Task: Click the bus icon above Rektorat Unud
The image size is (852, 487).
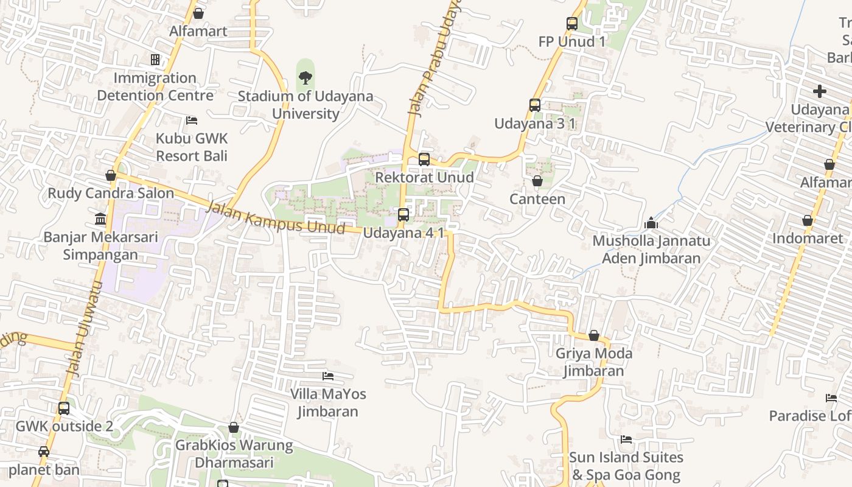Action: (424, 159)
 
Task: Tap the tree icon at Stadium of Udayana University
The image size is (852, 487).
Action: (306, 77)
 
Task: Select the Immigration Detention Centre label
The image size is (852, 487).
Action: (155, 86)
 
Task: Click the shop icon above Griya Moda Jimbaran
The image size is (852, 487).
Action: (594, 335)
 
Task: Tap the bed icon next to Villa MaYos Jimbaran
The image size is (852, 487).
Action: (328, 376)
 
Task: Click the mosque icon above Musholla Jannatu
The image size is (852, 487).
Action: (651, 223)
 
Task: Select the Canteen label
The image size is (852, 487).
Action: (537, 199)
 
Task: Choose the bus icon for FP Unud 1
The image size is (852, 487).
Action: (572, 24)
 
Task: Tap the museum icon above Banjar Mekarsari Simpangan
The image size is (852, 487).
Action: (100, 219)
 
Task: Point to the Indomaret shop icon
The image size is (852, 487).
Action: (808, 220)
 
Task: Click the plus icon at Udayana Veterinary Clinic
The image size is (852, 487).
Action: (820, 91)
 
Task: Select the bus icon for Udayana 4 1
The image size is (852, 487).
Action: (403, 215)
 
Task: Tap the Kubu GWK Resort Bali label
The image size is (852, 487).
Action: (191, 147)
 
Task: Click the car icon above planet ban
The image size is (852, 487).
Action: (44, 452)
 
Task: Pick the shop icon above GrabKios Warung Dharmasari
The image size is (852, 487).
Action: (234, 427)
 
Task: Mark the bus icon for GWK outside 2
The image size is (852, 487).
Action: (64, 408)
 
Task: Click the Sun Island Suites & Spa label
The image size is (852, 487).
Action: (626, 466)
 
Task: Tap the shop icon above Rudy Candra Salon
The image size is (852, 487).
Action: (111, 175)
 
